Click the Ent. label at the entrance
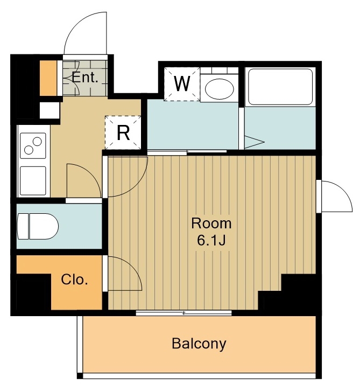pyautogui.click(x=84, y=78)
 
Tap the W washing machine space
pyautogui.click(x=182, y=84)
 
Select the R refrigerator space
pyautogui.click(x=123, y=132)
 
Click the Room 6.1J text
pyautogui.click(x=211, y=232)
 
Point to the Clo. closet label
pyautogui.click(x=74, y=280)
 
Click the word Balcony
pyautogui.click(x=199, y=344)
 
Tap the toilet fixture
pyautogui.click(x=38, y=226)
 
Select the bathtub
pyautogui.click(x=280, y=87)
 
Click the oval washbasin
pyautogui.click(x=220, y=89)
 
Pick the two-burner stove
pyautogui.click(x=33, y=145)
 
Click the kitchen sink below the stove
pyautogui.click(x=33, y=181)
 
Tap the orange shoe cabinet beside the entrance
pyautogui.click(x=48, y=78)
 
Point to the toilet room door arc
pyautogui.click(x=92, y=172)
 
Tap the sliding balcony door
pyautogui.click(x=183, y=313)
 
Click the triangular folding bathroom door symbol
pyautogui.click(x=255, y=142)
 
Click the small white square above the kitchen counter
pyautogui.click(x=50, y=110)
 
